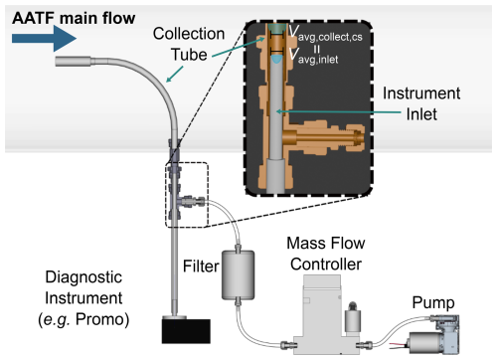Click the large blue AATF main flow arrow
click(x=44, y=39)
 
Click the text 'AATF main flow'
click(x=74, y=18)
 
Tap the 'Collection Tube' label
click(x=189, y=44)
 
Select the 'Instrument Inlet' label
click(x=421, y=103)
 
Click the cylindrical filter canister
click(x=238, y=275)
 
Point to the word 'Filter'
click(x=201, y=267)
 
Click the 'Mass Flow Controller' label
click(x=326, y=254)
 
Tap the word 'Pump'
click(x=433, y=303)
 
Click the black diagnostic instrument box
click(x=186, y=331)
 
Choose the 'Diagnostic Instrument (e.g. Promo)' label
click(x=83, y=298)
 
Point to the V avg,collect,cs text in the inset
click(x=325, y=33)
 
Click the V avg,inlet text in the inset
click(x=313, y=56)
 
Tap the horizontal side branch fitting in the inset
click(x=323, y=137)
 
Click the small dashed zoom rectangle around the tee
click(x=187, y=195)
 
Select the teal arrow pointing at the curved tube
click(x=175, y=74)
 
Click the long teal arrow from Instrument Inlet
click(x=339, y=111)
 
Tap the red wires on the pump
click(x=400, y=346)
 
